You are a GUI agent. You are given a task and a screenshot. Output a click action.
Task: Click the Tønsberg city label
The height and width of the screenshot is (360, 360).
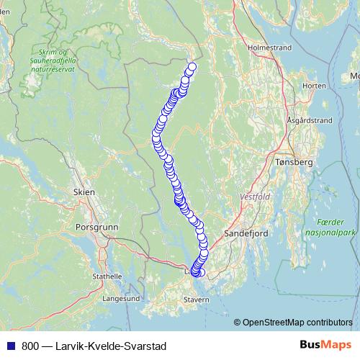(294, 163)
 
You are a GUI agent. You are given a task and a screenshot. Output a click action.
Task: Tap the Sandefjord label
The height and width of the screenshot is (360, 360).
(246, 234)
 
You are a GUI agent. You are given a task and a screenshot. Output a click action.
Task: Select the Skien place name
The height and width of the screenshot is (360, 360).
(84, 192)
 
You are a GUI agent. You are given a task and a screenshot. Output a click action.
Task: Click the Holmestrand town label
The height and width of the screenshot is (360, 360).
(269, 48)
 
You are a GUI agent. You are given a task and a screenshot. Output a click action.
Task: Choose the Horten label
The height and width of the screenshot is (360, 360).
(315, 86)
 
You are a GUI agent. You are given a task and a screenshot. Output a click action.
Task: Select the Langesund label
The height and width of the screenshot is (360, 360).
(121, 297)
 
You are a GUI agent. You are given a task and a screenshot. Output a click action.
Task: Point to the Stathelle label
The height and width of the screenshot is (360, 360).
(107, 276)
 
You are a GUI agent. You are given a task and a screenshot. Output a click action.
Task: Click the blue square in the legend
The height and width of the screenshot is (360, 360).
(10, 345)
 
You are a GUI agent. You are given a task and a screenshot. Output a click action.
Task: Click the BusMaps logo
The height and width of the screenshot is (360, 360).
(325, 344)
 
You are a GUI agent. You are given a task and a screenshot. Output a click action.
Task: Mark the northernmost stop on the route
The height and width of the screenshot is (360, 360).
(192, 68)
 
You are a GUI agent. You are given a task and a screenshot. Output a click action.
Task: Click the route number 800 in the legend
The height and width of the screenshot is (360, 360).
(30, 345)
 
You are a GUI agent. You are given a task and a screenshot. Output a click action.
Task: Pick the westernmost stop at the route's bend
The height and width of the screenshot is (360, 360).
(156, 133)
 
